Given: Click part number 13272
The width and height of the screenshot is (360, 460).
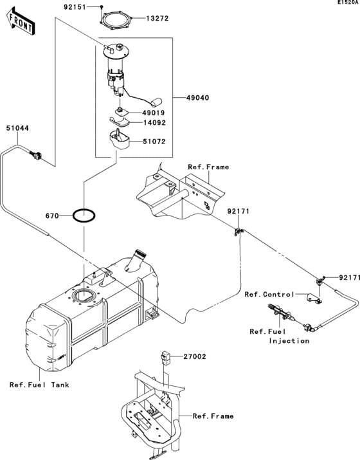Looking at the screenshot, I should (156, 19).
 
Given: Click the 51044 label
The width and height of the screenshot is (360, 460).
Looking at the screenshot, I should (17, 128).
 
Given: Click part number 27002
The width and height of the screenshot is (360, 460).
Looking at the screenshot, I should (194, 356).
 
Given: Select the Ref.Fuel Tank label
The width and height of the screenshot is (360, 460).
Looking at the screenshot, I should (39, 385).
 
